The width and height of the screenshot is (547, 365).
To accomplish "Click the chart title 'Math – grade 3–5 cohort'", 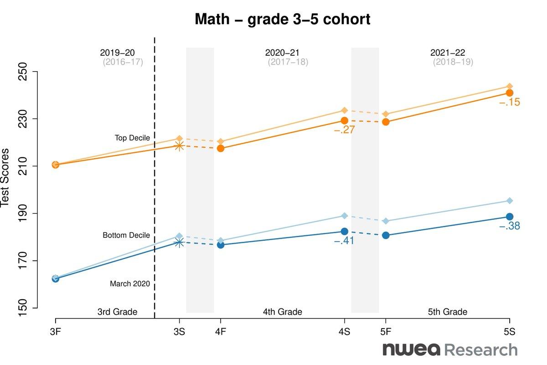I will [x=282, y=20].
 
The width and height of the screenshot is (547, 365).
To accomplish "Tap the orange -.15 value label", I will [x=509, y=103].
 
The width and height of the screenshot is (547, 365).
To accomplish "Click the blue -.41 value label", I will [x=344, y=241].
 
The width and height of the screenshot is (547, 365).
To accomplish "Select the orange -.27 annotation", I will [x=344, y=130].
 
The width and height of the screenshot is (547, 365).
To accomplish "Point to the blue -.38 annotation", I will [x=509, y=226].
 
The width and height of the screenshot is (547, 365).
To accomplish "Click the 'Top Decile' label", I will [x=132, y=138].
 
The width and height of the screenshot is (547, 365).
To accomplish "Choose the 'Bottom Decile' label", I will [x=126, y=235].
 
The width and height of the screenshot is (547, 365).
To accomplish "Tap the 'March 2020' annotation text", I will [x=130, y=284].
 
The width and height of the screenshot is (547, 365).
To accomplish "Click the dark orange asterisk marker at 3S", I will [x=180, y=146].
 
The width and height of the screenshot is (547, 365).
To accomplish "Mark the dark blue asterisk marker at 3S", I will [x=180, y=243].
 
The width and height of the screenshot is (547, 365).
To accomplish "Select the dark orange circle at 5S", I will [x=510, y=93].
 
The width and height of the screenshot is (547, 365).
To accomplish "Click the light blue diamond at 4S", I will [x=345, y=216].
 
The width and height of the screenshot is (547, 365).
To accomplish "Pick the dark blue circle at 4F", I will [x=221, y=245].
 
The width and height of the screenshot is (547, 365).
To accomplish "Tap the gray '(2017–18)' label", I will [x=288, y=62].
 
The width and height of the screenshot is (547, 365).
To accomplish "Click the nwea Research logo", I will [x=450, y=350].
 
